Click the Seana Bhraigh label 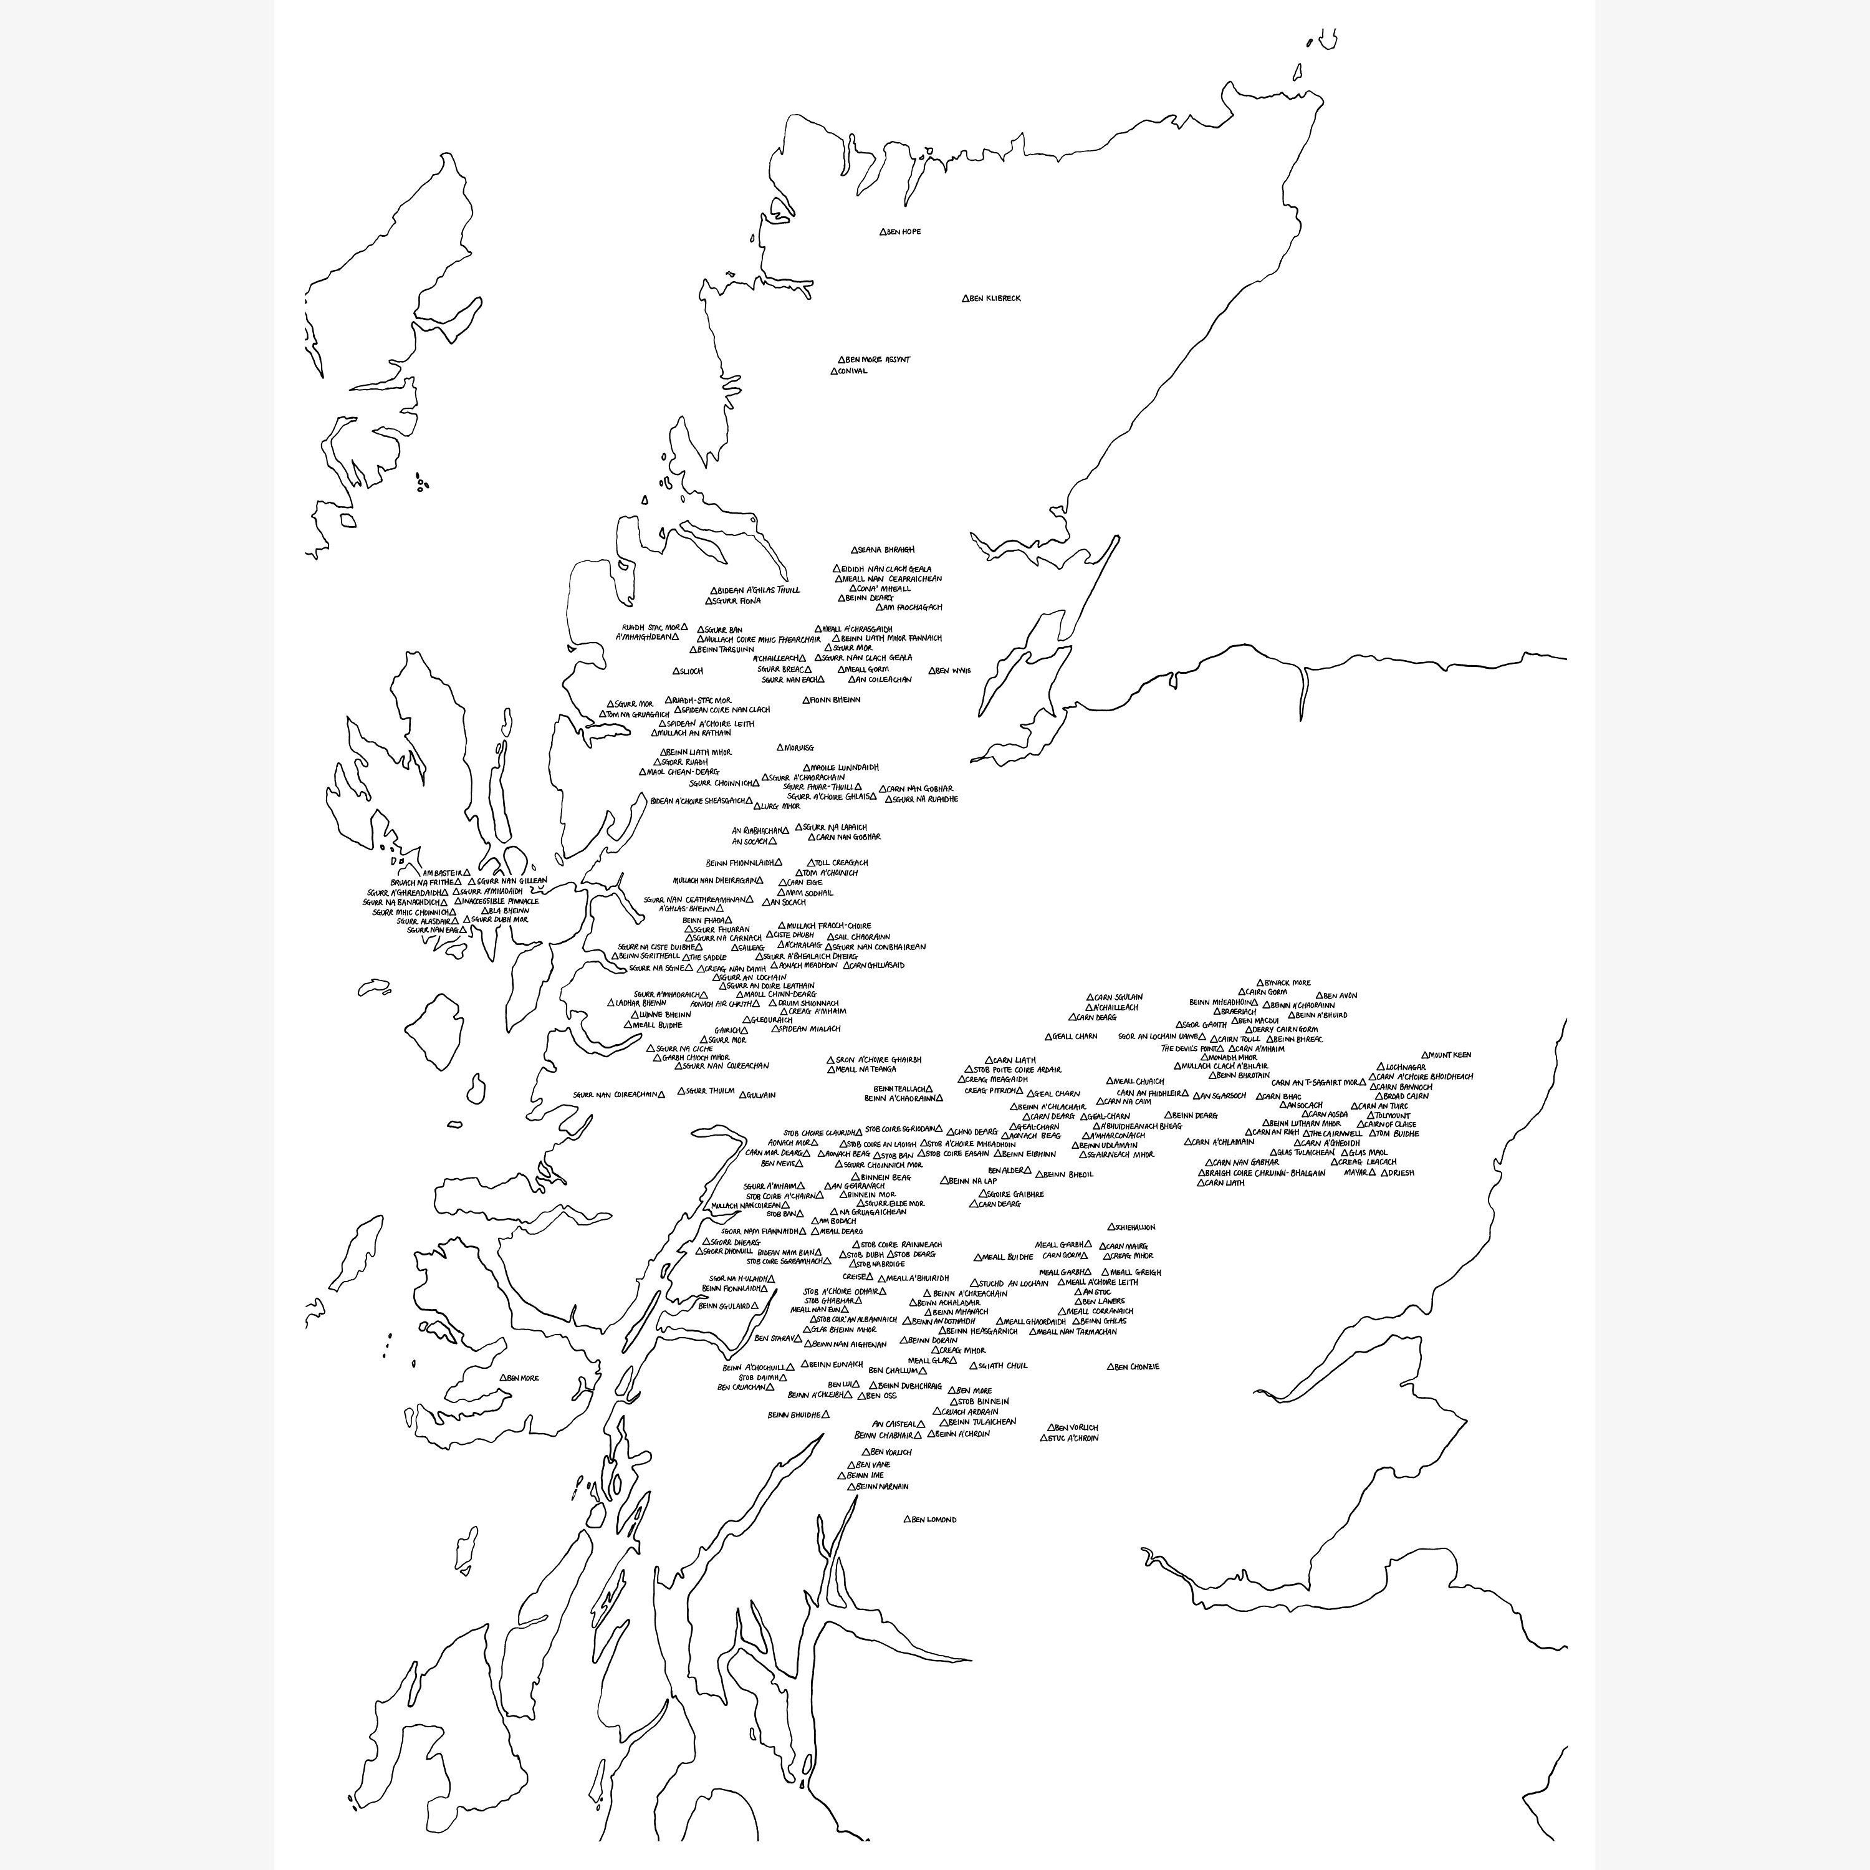pyautogui.click(x=886, y=550)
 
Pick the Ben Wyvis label pyautogui.click(x=954, y=671)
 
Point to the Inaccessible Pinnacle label pyautogui.click(x=501, y=901)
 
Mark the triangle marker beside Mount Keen pyautogui.click(x=1425, y=1055)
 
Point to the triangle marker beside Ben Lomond pyautogui.click(x=908, y=1520)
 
